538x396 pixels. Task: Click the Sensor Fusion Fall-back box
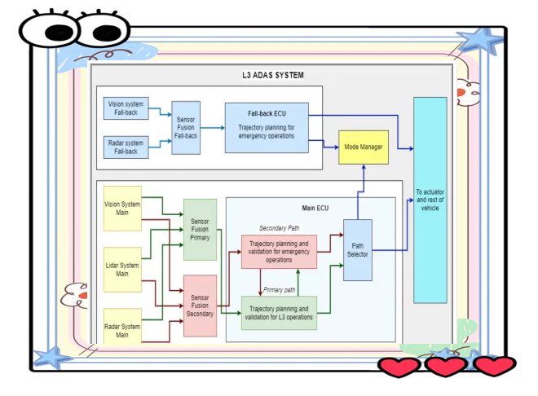pyautogui.click(x=186, y=127)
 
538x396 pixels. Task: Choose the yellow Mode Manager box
pyautogui.click(x=364, y=147)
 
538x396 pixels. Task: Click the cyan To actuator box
pyautogui.click(x=430, y=200)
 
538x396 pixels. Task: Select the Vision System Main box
pyautogui.click(x=122, y=209)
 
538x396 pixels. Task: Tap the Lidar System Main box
pyautogui.click(x=122, y=269)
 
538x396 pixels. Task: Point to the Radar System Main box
pyautogui.click(x=122, y=330)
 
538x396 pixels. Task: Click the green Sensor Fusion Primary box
pyautogui.click(x=200, y=229)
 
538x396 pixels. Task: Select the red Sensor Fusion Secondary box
pyautogui.click(x=200, y=306)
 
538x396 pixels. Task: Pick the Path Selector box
pyautogui.click(x=358, y=249)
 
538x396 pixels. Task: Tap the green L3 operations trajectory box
pyautogui.click(x=278, y=313)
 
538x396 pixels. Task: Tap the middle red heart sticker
pyautogui.click(x=446, y=366)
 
